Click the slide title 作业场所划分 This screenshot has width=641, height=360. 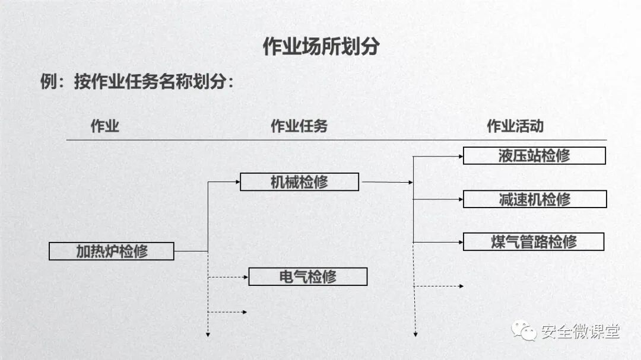[x=320, y=47]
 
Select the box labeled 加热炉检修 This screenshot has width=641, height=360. [x=112, y=251]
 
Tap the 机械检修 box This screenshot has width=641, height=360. [x=299, y=181]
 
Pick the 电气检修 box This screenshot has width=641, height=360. [x=307, y=276]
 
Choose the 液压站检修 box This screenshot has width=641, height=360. [x=534, y=155]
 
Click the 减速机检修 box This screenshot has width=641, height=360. [x=534, y=199]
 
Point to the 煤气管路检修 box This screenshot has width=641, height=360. [x=534, y=241]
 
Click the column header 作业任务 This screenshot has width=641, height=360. [x=299, y=126]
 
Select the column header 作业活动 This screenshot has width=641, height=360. [x=515, y=126]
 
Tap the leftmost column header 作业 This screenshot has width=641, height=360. [x=105, y=126]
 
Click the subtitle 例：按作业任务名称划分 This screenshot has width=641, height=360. [x=137, y=81]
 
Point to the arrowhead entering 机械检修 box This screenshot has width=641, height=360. [x=237, y=181]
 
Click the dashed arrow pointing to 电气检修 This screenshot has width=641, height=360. [x=229, y=277]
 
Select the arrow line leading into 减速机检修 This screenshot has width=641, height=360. [x=438, y=199]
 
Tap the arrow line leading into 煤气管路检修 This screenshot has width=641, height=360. [x=438, y=242]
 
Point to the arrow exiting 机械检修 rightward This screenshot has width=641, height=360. [x=386, y=182]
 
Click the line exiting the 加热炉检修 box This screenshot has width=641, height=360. [x=191, y=251]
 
